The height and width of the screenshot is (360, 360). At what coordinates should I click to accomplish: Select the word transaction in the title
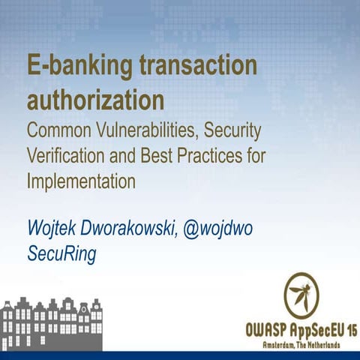pyautogui.click(x=197, y=67)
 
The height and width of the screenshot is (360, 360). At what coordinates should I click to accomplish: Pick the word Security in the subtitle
pyautogui.click(x=232, y=130)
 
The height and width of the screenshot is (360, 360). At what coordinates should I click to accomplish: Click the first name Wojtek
pyautogui.click(x=52, y=227)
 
